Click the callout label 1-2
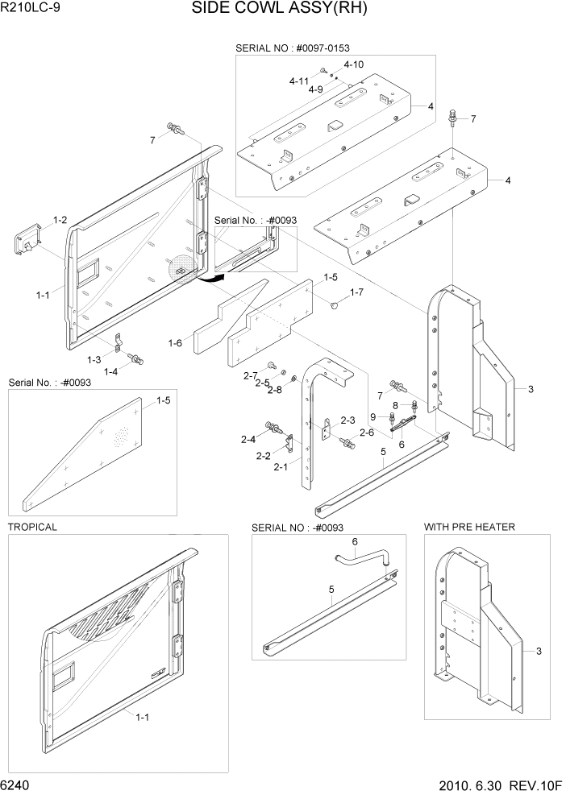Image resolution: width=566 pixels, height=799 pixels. point(60,219)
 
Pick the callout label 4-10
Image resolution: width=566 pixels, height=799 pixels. point(353,64)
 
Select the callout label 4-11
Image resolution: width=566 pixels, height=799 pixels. point(299,81)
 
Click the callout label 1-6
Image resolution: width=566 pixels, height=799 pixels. point(175,343)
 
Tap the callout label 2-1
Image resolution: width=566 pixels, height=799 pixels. point(281,466)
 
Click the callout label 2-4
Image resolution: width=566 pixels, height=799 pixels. point(248,439)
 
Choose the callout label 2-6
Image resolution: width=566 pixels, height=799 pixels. point(367,433)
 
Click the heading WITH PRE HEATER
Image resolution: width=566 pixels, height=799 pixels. point(469,527)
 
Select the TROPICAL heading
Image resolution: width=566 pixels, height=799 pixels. point(32,527)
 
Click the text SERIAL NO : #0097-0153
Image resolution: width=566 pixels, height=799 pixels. point(292,48)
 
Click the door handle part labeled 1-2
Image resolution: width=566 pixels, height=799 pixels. point(26,239)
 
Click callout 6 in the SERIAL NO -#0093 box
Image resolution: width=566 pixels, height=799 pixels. point(354,541)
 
